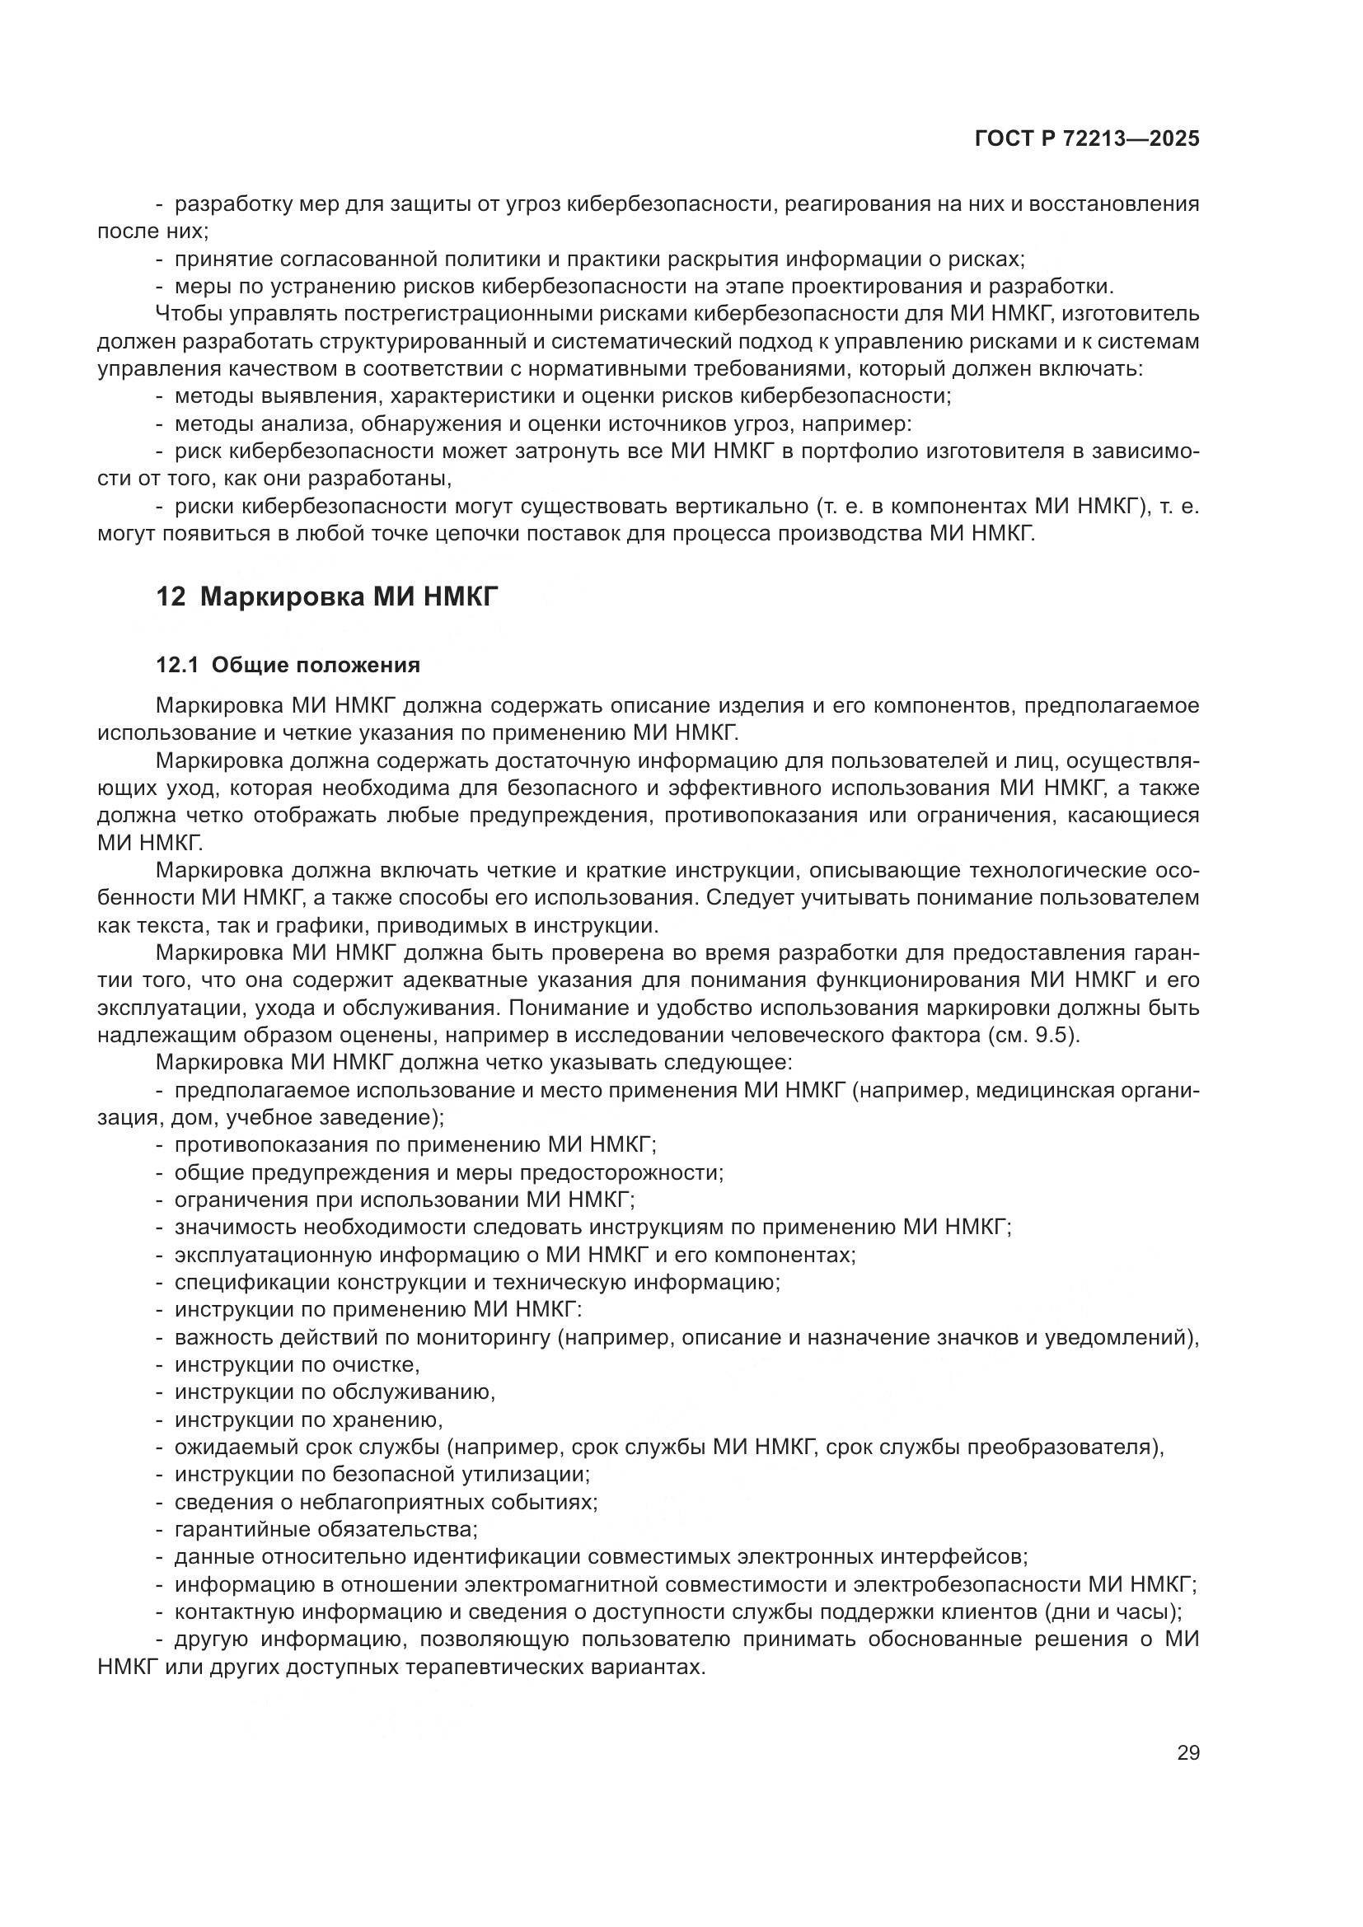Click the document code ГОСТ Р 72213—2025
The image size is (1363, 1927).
(x=1087, y=139)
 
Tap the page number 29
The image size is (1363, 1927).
(x=1187, y=1752)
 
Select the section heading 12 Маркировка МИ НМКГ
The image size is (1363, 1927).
(x=327, y=596)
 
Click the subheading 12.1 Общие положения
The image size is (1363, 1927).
(x=288, y=666)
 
